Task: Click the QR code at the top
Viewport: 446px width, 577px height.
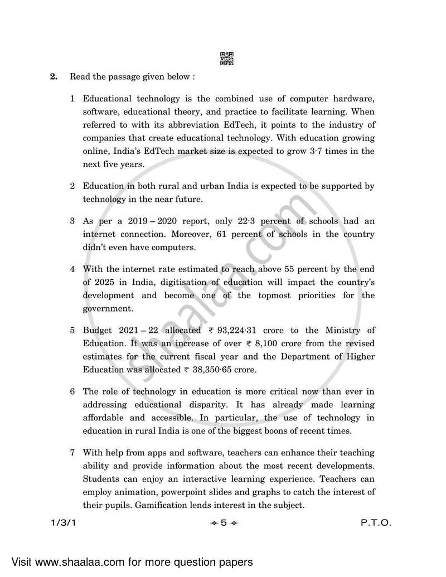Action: coord(227,58)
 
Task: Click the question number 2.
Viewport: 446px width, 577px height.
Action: coord(54,76)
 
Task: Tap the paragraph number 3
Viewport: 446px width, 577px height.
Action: coord(72,220)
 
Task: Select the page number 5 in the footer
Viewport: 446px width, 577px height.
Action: coord(222,524)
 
